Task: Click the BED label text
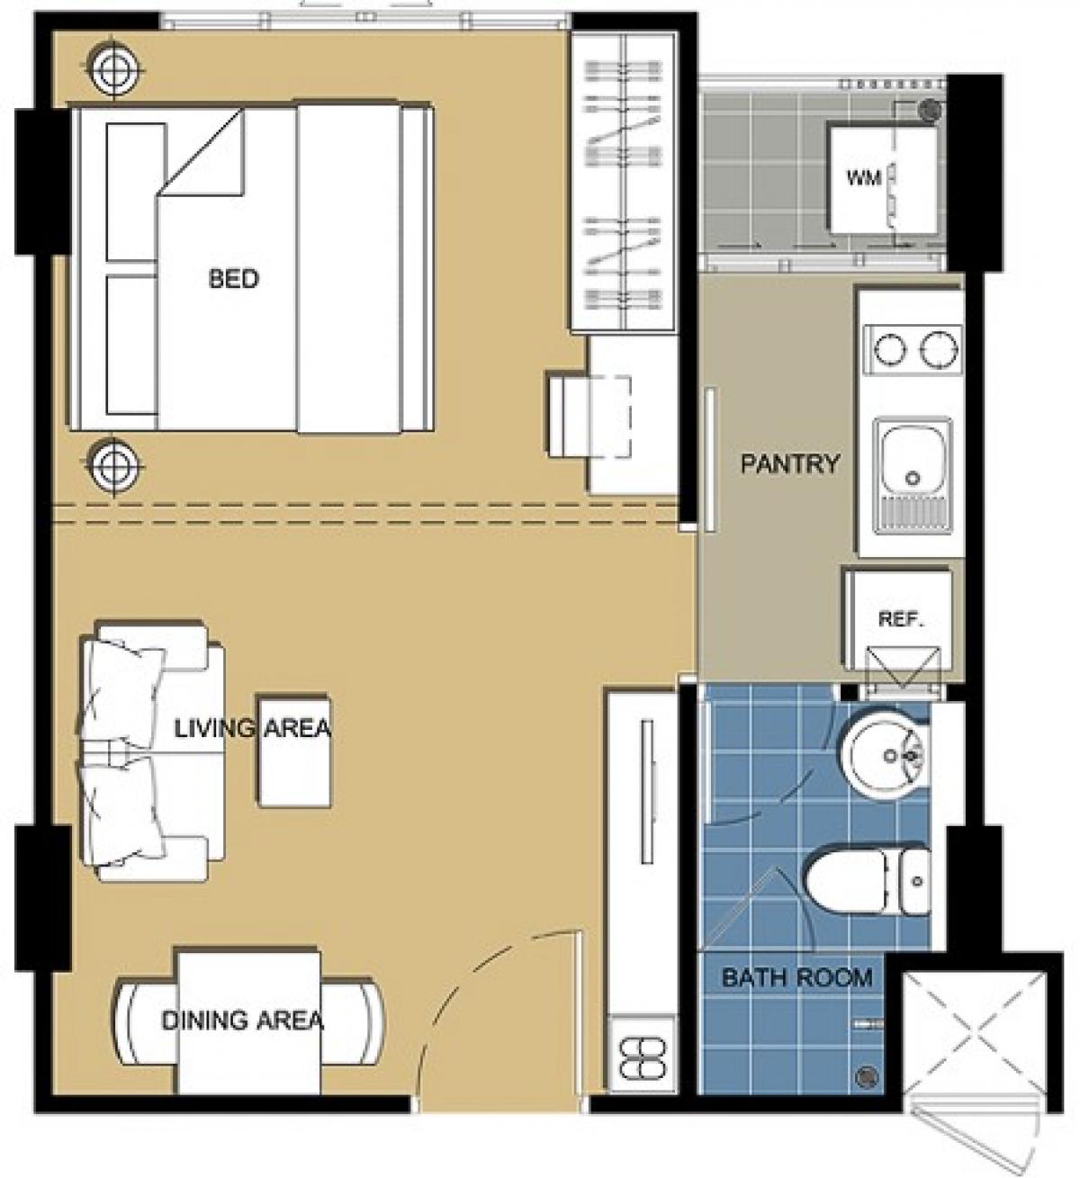(x=234, y=278)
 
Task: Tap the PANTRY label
(x=790, y=464)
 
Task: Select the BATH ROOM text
(x=796, y=977)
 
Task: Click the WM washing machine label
(x=864, y=177)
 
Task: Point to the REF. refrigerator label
(x=901, y=619)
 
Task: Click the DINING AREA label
(x=242, y=1021)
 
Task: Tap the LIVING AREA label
(x=253, y=729)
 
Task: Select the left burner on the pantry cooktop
(x=891, y=348)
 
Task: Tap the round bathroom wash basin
(x=886, y=756)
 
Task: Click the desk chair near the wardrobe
(x=589, y=416)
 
